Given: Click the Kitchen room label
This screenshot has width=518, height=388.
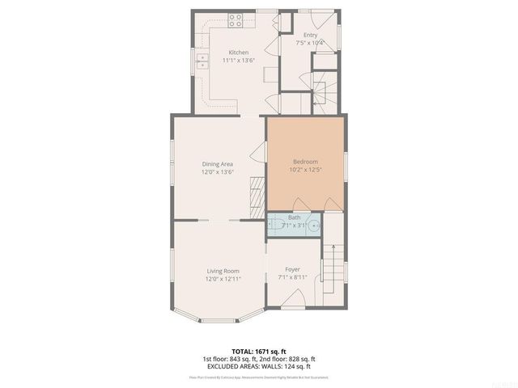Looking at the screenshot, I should coord(215,53).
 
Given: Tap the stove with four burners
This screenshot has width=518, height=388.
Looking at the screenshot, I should coord(236,22).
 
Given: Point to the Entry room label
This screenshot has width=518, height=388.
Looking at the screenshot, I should coord(311,35).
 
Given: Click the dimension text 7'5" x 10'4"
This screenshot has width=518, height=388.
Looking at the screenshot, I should coord(311,43).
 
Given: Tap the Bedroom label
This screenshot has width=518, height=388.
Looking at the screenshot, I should coord(306,161).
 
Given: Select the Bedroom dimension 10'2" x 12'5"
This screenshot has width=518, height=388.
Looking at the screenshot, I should coord(306,170).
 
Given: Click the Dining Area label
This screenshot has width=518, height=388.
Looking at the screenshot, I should coord(217,163).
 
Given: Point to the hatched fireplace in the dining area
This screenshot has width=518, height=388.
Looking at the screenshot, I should coord(257,195).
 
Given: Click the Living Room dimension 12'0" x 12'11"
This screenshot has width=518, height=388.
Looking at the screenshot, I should coord(223,280).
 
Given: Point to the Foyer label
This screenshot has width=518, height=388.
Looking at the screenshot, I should coord(292,269).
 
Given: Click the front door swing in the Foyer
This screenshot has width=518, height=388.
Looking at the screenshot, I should coord(294,300).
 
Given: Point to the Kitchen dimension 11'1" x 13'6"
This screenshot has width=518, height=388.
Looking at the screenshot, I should coord(215,61).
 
